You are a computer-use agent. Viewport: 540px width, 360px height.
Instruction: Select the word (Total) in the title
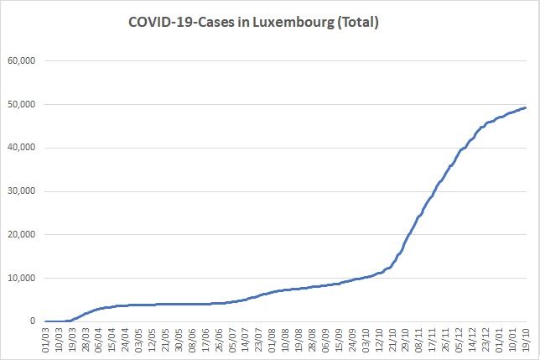tap(358, 23)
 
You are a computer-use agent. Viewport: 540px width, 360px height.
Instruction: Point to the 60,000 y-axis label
tap(22, 61)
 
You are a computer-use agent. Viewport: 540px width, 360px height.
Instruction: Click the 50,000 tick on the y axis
tap(22, 104)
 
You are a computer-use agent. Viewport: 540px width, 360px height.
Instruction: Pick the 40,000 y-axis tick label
tap(22, 148)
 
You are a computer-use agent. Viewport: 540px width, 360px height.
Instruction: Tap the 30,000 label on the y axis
tap(22, 191)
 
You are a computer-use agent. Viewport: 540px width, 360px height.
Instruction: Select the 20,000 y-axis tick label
tap(22, 235)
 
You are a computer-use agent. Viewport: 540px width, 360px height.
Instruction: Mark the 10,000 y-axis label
tap(22, 278)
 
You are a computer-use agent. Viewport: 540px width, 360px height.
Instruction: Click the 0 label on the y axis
tap(33, 321)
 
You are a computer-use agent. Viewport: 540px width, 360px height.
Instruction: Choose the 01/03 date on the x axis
tap(46, 340)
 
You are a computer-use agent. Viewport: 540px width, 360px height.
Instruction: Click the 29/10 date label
tap(406, 340)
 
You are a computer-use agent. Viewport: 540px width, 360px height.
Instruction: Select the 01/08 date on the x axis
tap(273, 340)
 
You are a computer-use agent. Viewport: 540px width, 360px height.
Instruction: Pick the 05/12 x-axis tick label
tap(459, 340)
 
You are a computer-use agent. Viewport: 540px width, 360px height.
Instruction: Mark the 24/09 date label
tap(352, 340)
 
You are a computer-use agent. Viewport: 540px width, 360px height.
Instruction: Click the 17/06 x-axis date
tap(205, 340)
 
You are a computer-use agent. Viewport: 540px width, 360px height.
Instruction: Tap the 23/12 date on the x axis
tap(485, 340)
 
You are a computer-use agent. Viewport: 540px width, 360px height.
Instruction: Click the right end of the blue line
tap(526, 107)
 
